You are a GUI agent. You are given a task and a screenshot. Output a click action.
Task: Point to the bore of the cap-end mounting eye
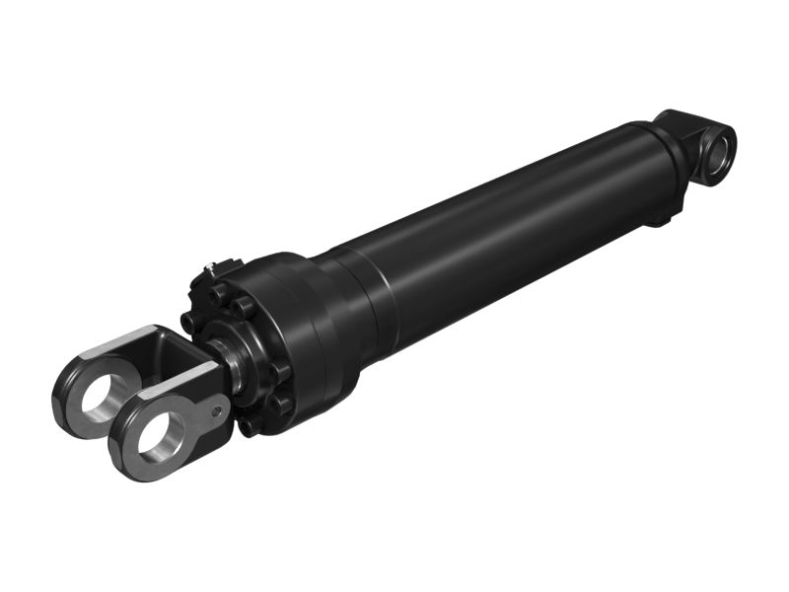click(x=717, y=153)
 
